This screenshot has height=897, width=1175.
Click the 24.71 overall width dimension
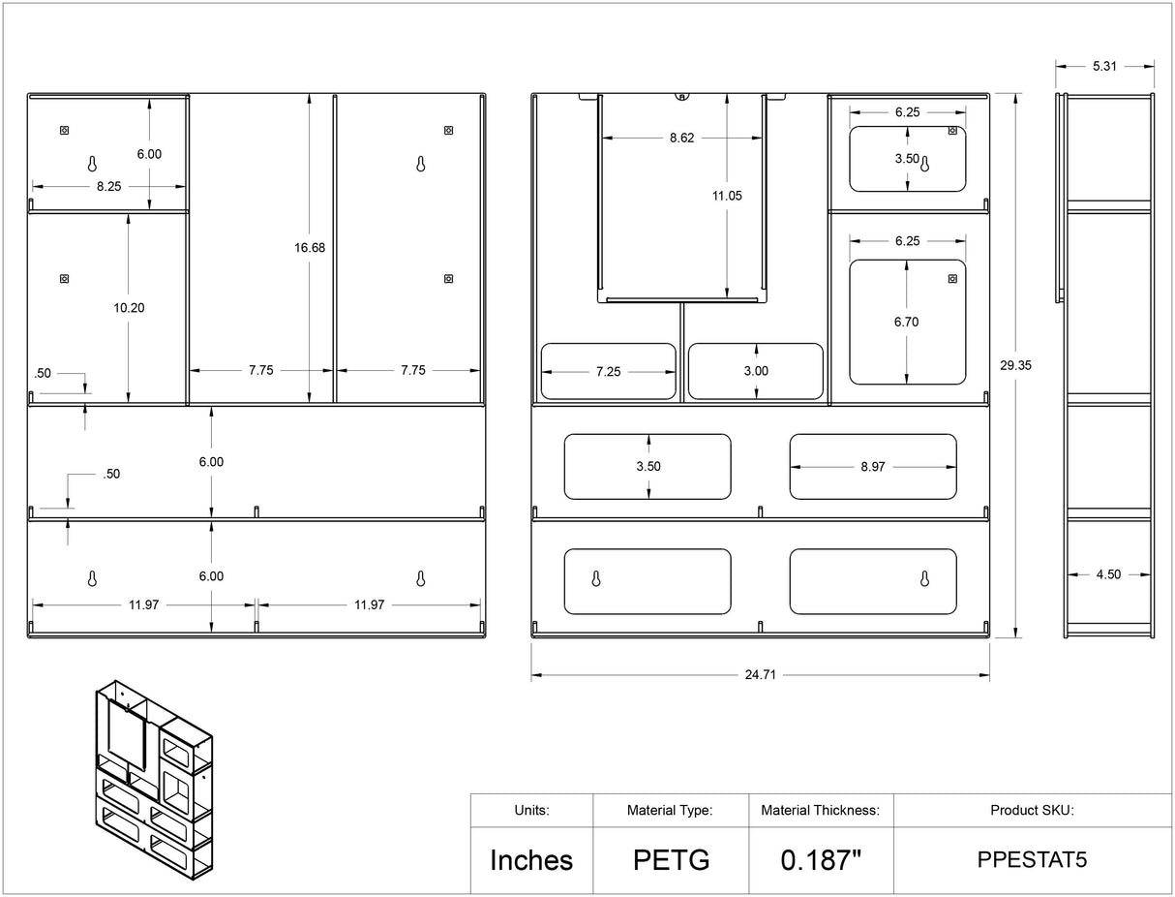click(x=760, y=675)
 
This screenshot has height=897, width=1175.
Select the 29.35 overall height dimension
click(x=1015, y=365)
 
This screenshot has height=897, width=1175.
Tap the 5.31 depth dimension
click(x=1104, y=66)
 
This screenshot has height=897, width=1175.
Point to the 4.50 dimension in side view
click(x=1108, y=574)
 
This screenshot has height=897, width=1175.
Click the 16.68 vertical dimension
click(x=310, y=247)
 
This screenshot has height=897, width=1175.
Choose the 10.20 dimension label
click(x=129, y=308)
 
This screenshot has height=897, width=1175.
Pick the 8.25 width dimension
click(x=108, y=186)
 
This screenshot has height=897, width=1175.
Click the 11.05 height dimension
click(x=727, y=196)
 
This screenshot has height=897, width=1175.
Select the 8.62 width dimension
click(x=682, y=138)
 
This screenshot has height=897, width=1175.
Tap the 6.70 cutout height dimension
click(x=906, y=322)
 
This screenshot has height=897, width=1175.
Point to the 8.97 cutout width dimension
click(x=873, y=467)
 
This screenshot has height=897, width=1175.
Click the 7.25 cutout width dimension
click(x=609, y=372)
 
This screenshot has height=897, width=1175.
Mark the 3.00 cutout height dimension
click(x=756, y=371)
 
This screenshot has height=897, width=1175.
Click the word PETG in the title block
click(x=672, y=860)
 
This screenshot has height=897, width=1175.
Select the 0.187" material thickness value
click(x=821, y=860)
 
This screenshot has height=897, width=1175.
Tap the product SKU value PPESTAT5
click(x=1032, y=859)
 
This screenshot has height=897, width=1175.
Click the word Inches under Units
click(x=531, y=860)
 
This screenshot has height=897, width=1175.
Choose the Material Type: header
click(x=670, y=810)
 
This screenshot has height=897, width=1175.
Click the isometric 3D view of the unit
click(x=154, y=780)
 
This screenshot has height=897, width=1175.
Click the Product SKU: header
click(x=1032, y=810)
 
